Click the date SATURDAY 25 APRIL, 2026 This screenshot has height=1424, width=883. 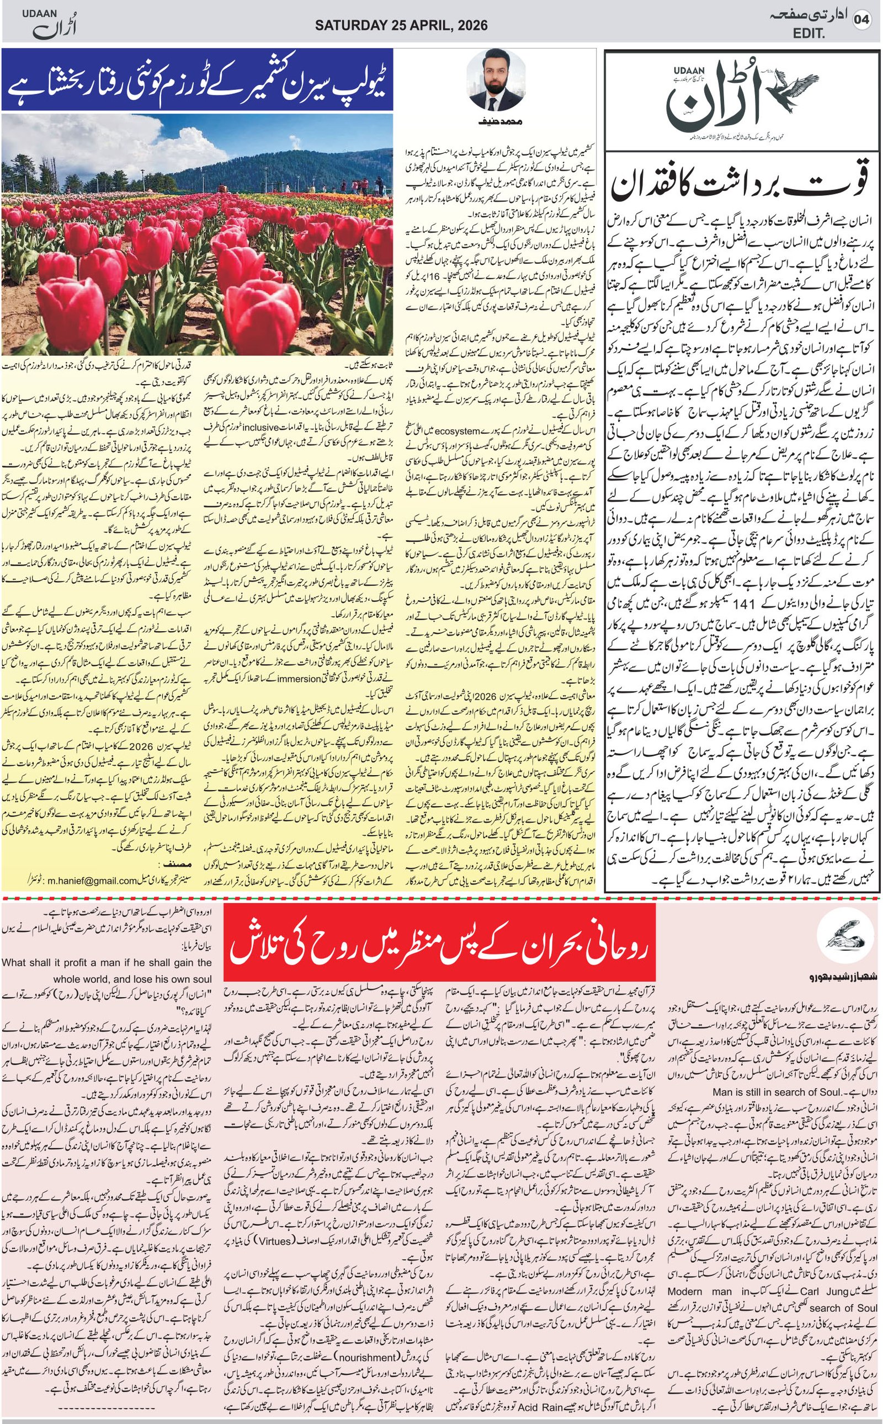click(401, 25)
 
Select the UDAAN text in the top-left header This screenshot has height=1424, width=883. click(36, 15)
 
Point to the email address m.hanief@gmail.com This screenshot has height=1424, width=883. click(92, 881)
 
